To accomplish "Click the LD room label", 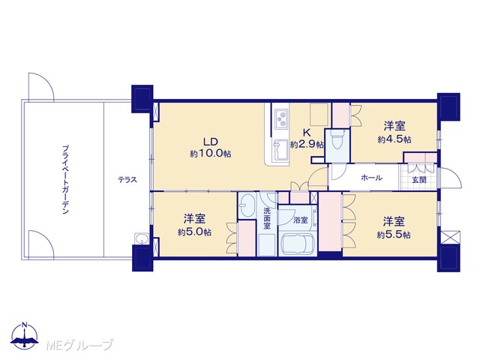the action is click(x=211, y=142).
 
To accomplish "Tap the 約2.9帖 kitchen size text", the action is click(x=307, y=145).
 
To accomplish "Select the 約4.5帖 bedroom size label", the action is click(x=394, y=139).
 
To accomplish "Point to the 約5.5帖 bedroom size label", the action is click(x=394, y=235).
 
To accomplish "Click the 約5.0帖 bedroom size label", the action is click(x=195, y=232).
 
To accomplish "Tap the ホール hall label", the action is click(x=372, y=178).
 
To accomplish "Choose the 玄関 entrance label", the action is click(x=418, y=180).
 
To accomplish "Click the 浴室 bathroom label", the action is click(x=300, y=220).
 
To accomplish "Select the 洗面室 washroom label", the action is click(x=267, y=218).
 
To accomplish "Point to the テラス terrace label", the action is click(x=127, y=180).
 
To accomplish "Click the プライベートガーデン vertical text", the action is click(x=65, y=180).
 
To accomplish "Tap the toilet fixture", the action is click(x=337, y=140).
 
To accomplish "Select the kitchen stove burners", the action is click(x=281, y=119).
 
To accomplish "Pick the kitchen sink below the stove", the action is click(x=280, y=150).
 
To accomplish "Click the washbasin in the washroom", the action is click(x=247, y=205).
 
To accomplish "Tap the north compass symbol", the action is click(x=25, y=336).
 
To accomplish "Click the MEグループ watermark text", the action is click(x=79, y=345).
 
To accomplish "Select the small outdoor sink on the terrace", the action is click(x=142, y=238).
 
